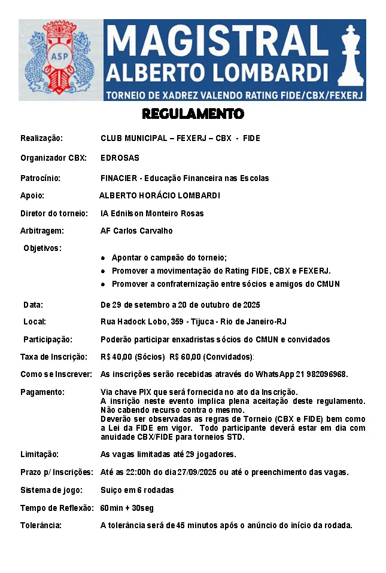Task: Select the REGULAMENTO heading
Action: click(x=193, y=114)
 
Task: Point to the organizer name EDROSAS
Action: click(x=120, y=158)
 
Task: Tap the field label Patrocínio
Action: click(x=41, y=178)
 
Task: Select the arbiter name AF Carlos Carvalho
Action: click(x=136, y=231)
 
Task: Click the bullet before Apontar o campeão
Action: click(x=104, y=258)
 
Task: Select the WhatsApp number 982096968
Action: click(x=326, y=374)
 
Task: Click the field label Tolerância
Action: click(x=41, y=526)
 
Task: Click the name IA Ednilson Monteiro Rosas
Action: click(x=152, y=213)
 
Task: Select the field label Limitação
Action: click(x=39, y=454)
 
